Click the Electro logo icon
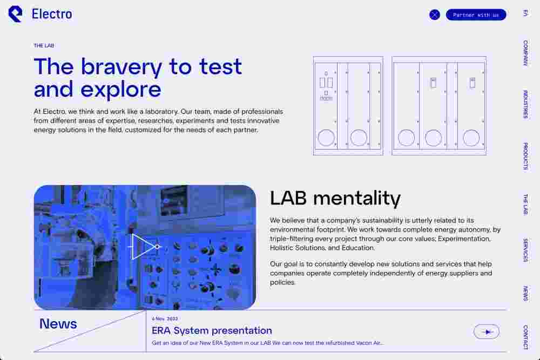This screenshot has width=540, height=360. pyautogui.click(x=15, y=14)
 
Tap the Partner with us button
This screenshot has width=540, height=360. pyautogui.click(x=476, y=15)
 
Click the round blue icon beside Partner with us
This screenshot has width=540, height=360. pyautogui.click(x=435, y=15)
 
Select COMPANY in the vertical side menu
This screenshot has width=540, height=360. pyautogui.click(x=525, y=53)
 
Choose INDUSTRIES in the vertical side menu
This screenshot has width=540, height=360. pyautogui.click(x=525, y=104)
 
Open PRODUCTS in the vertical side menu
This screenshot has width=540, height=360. pyautogui.click(x=525, y=156)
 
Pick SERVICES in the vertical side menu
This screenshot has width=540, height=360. pyautogui.click(x=525, y=250)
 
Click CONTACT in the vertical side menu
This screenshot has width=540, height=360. pyautogui.click(x=525, y=337)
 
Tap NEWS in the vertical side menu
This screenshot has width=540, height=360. pyautogui.click(x=525, y=294)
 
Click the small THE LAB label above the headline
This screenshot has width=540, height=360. pyautogui.click(x=44, y=45)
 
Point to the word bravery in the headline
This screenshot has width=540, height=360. pyautogui.click(x=122, y=67)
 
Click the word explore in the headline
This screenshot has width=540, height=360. pyautogui.click(x=121, y=90)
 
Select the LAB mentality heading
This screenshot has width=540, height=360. pyautogui.click(x=335, y=199)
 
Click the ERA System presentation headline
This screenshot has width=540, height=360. pyautogui.click(x=212, y=330)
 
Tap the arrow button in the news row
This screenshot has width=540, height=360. pyautogui.click(x=487, y=332)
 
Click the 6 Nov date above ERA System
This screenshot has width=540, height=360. pyautogui.click(x=165, y=318)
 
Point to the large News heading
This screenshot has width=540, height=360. pyautogui.click(x=58, y=323)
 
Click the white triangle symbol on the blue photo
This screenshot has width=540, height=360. pyautogui.click(x=144, y=247)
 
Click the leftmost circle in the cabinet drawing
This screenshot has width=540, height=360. pyautogui.click(x=326, y=138)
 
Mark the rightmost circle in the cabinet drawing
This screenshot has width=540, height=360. pyautogui.click(x=471, y=138)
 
